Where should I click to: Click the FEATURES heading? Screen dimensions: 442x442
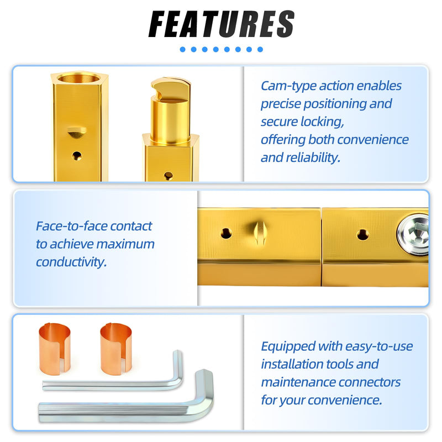222,24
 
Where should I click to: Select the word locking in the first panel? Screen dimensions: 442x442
322,122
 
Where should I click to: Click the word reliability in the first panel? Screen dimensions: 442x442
313,157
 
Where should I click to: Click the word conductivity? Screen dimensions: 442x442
71,262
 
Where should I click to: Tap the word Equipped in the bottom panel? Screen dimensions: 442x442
288,347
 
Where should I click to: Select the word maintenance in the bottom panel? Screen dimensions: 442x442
298,382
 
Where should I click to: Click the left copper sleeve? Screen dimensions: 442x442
54,349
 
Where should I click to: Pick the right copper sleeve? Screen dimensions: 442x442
116,349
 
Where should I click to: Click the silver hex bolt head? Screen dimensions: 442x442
413,231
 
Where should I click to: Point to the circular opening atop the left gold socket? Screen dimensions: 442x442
78,78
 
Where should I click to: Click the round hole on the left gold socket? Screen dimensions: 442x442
77,156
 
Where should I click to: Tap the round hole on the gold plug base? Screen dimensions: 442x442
169,176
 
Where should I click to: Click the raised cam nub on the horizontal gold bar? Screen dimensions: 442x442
260,233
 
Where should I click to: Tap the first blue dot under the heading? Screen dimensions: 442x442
183,50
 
